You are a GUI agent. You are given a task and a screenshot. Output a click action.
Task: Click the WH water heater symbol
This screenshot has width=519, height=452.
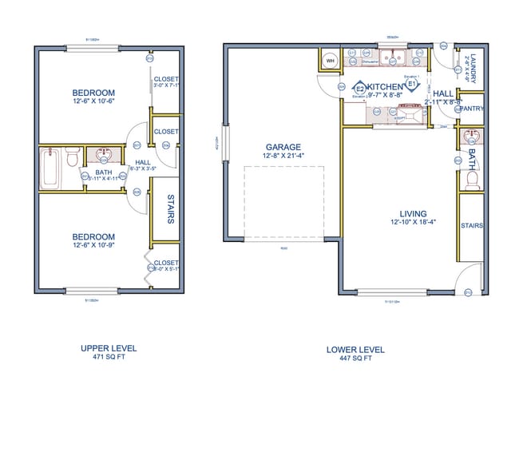coord(331,59)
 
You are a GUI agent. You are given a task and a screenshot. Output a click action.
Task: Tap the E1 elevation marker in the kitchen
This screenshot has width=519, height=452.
coord(412,83)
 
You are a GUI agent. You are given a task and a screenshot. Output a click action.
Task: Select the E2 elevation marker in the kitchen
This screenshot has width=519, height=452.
coord(360,88)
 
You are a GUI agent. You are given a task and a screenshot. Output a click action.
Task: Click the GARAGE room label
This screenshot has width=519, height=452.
coord(283,147)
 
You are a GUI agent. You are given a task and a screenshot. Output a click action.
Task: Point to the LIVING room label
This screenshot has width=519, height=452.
coord(414,212)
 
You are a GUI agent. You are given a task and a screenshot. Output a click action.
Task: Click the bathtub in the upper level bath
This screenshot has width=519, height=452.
coord(50,168)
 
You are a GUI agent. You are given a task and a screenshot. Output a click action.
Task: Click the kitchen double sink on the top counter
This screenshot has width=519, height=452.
coord(391,57)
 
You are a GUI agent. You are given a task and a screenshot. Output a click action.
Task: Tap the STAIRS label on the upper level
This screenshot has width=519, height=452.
coord(170,208)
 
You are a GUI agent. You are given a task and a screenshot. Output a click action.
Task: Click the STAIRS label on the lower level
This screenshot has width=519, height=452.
coord(472,226)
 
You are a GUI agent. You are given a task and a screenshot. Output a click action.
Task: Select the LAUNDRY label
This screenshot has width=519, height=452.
coord(473,68)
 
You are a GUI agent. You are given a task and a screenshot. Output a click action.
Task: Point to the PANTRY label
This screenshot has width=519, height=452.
coord(472,108)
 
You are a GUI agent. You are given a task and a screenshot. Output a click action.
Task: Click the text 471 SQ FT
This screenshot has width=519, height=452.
coord(109,358)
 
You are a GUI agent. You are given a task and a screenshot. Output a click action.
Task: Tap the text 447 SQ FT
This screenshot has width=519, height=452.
coord(355,359)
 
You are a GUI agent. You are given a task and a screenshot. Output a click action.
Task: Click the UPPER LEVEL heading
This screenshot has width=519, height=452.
coord(109,348)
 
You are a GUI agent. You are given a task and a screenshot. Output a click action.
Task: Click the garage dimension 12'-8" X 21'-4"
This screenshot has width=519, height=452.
coord(283,157)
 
